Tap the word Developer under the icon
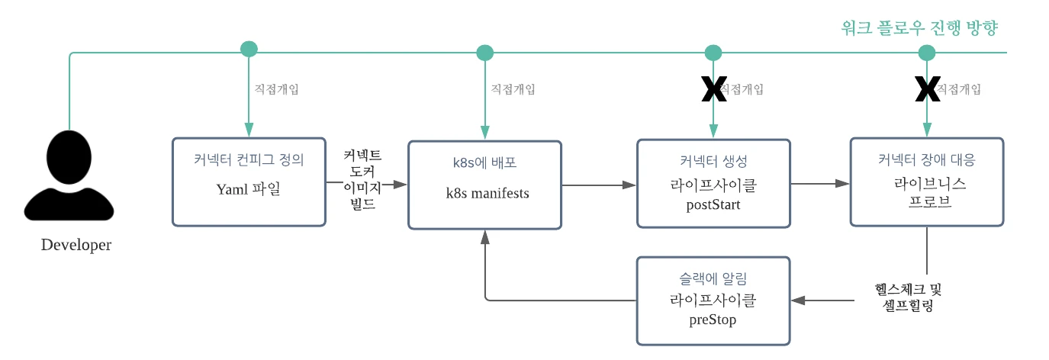[x=76, y=245]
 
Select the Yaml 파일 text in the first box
[x=249, y=189]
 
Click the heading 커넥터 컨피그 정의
[x=249, y=161]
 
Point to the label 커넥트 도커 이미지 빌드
[x=362, y=180]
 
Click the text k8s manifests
[x=487, y=193]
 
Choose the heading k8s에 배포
[x=485, y=163]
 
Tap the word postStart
[x=713, y=204]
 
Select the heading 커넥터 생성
[x=713, y=161]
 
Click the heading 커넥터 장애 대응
[x=926, y=161]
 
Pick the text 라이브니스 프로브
[x=926, y=193]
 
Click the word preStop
[x=713, y=320]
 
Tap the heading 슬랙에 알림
[x=713, y=279]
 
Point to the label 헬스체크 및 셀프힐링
[x=908, y=298]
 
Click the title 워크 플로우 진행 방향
[x=919, y=28]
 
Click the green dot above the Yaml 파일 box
[x=249, y=49]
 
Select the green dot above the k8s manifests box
[x=485, y=53]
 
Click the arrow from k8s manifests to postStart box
[x=599, y=185]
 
